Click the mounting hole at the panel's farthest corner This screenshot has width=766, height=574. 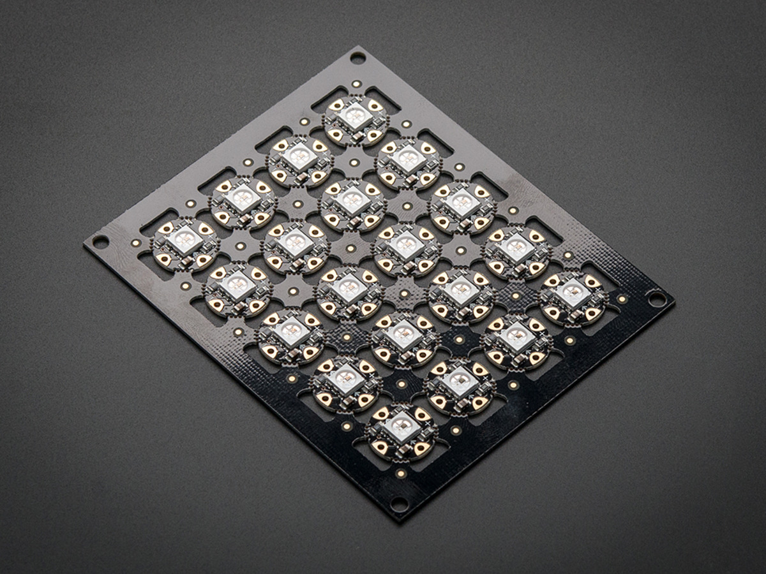tap(357, 58)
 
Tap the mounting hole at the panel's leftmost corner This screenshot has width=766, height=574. tap(100, 241)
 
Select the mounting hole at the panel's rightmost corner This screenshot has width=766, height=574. tap(656, 298)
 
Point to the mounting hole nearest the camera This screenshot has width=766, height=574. tap(399, 503)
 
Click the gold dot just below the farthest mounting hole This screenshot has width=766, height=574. tap(356, 83)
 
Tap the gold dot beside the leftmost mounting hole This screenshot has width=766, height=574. tap(135, 243)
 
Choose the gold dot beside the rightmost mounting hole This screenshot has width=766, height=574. tap(622, 298)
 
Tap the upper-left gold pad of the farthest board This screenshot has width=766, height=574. tap(336, 104)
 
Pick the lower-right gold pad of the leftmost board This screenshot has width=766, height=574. tap(203, 260)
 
